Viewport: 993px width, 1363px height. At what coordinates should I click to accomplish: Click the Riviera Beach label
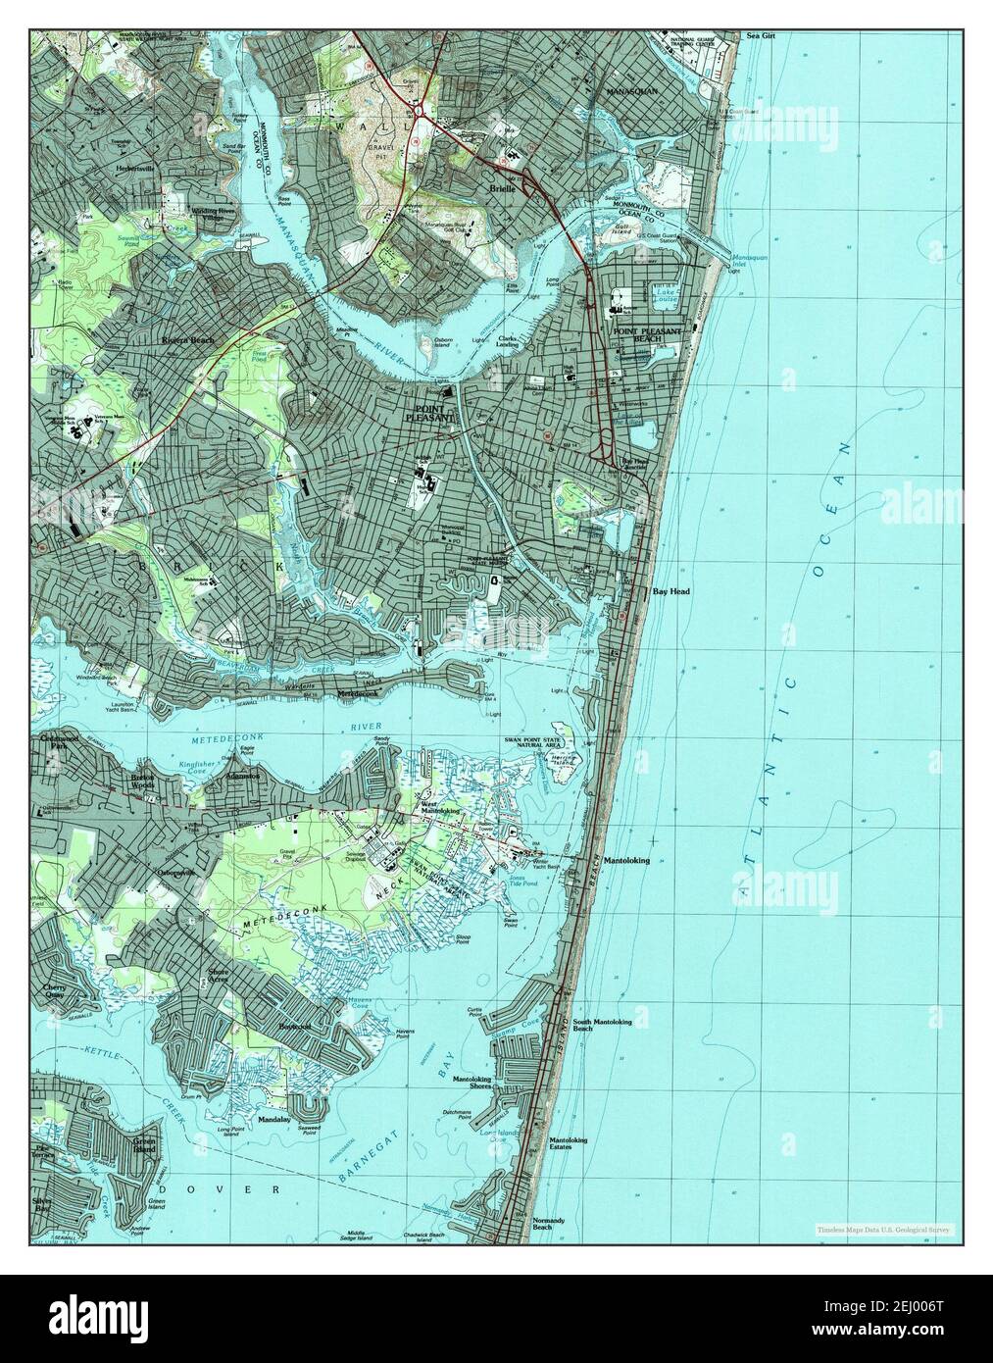[x=187, y=340]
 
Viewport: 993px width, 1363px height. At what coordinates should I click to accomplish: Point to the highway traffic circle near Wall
[x=420, y=114]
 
